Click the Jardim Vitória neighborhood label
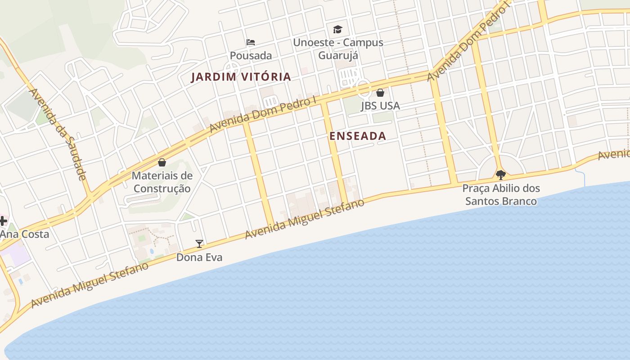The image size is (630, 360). tap(241, 77)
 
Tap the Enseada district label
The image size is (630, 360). tap(358, 136)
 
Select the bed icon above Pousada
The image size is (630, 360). tap(251, 42)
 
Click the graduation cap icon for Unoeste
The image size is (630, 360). tap(337, 30)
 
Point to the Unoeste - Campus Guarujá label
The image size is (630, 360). tap(338, 49)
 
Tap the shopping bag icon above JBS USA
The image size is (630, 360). tap(380, 93)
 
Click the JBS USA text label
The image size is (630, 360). tap(380, 106)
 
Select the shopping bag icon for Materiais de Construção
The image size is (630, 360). tap(162, 162)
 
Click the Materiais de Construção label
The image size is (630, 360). tap(162, 182)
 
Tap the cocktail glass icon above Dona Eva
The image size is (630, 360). tap(199, 244)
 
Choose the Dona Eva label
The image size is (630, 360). tap(199, 257)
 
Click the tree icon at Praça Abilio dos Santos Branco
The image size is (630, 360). tap(500, 175)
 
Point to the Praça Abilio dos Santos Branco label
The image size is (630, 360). tap(501, 194)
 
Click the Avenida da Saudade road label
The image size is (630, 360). tap(58, 134)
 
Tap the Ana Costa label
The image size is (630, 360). tap(24, 234)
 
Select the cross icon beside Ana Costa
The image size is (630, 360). tap(3, 220)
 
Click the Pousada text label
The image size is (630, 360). tap(251, 56)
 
